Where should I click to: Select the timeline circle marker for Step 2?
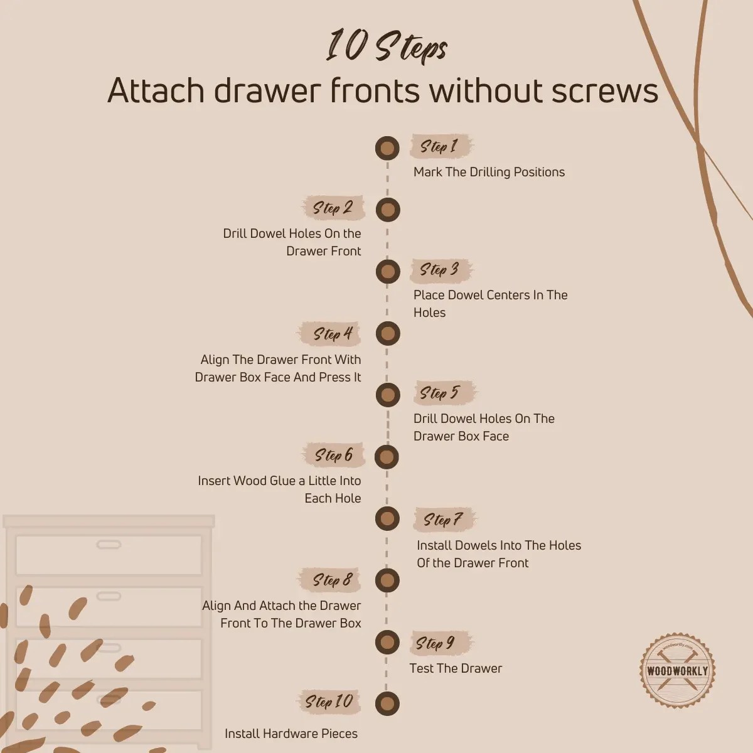[387, 210]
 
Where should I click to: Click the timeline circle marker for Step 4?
[387, 333]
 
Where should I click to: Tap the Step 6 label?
[334, 455]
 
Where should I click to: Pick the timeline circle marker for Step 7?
[387, 519]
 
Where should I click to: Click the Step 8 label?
[333, 580]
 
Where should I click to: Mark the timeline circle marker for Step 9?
[387, 642]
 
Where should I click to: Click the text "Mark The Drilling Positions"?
[489, 172]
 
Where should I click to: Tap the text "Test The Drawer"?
[456, 668]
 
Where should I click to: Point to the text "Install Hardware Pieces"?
[291, 734]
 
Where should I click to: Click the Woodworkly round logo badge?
[677, 671]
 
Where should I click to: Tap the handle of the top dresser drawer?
[109, 544]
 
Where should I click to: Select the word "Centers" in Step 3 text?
[505, 295]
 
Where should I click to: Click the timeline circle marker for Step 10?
[387, 703]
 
